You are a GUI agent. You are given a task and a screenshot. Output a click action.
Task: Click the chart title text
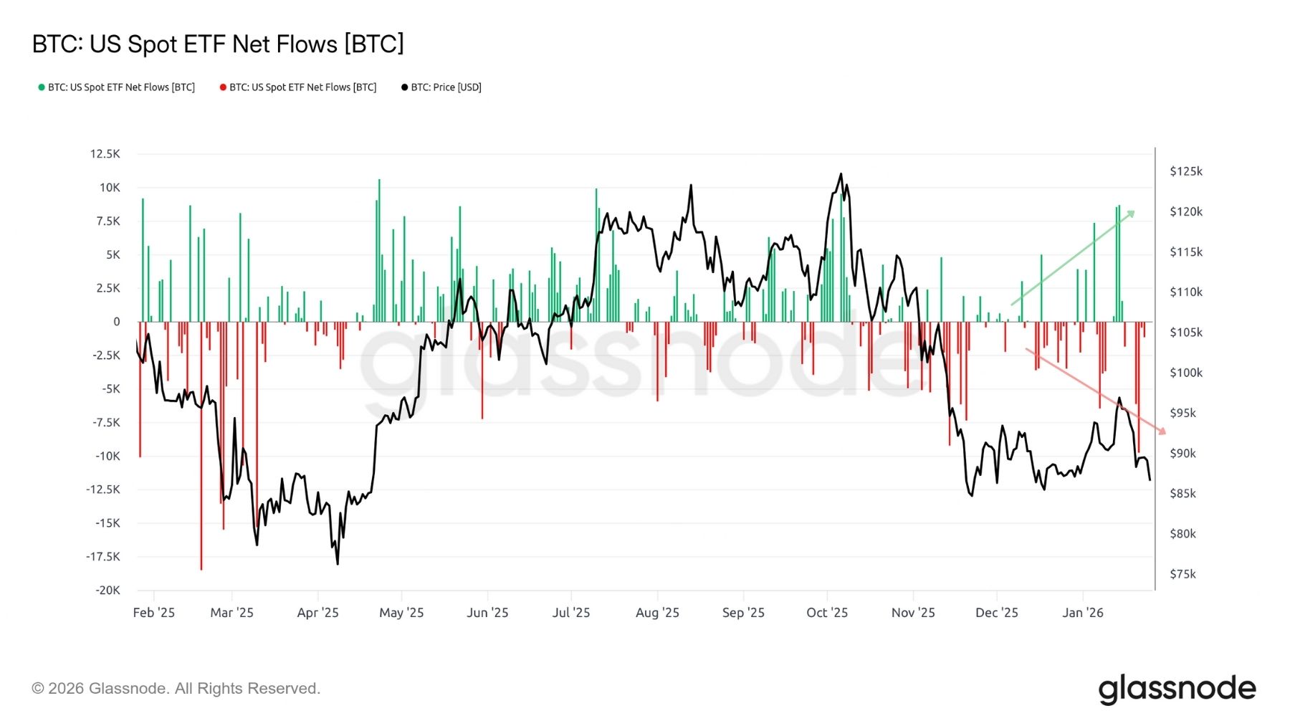(218, 44)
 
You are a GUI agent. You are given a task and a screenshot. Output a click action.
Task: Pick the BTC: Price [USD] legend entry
(441, 87)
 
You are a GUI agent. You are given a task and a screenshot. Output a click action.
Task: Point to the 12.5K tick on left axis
(105, 154)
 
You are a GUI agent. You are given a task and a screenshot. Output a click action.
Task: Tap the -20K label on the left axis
(107, 591)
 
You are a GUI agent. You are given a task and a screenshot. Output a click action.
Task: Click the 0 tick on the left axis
(116, 322)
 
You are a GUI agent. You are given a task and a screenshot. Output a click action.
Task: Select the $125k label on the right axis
(1185, 171)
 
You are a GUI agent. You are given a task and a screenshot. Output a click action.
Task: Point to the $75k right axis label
(1182, 574)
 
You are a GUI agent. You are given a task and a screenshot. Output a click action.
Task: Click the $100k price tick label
(1185, 373)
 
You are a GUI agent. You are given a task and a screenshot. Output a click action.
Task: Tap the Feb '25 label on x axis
(153, 613)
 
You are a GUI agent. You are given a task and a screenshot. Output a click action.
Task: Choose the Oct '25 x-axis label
(826, 613)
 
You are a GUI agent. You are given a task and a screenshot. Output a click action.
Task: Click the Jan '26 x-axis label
(1082, 613)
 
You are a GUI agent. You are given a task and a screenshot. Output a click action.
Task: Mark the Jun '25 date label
(487, 613)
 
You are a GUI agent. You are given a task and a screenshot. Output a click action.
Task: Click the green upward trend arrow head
(1132, 213)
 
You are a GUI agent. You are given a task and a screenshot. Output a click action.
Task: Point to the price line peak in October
(841, 174)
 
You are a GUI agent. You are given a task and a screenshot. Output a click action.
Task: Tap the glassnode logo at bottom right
(1177, 689)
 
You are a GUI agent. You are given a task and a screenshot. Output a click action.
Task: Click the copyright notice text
(176, 689)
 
